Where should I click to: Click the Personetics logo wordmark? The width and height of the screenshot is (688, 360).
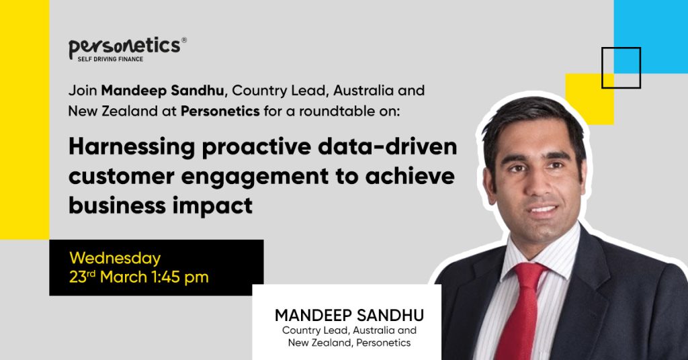(x=124, y=46)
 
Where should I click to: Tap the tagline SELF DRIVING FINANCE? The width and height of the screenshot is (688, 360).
(x=110, y=59)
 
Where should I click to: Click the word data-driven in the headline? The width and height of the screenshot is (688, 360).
(x=388, y=146)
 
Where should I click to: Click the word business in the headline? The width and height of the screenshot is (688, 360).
(x=116, y=205)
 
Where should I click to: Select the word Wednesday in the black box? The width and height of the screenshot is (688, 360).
(x=115, y=259)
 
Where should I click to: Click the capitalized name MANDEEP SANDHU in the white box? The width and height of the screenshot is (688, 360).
(x=349, y=315)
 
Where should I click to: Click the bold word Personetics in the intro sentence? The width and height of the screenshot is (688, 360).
(x=220, y=111)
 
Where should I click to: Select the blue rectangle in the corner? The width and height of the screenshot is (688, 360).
(x=650, y=36)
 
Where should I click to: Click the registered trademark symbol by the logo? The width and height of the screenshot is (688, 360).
(x=184, y=40)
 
